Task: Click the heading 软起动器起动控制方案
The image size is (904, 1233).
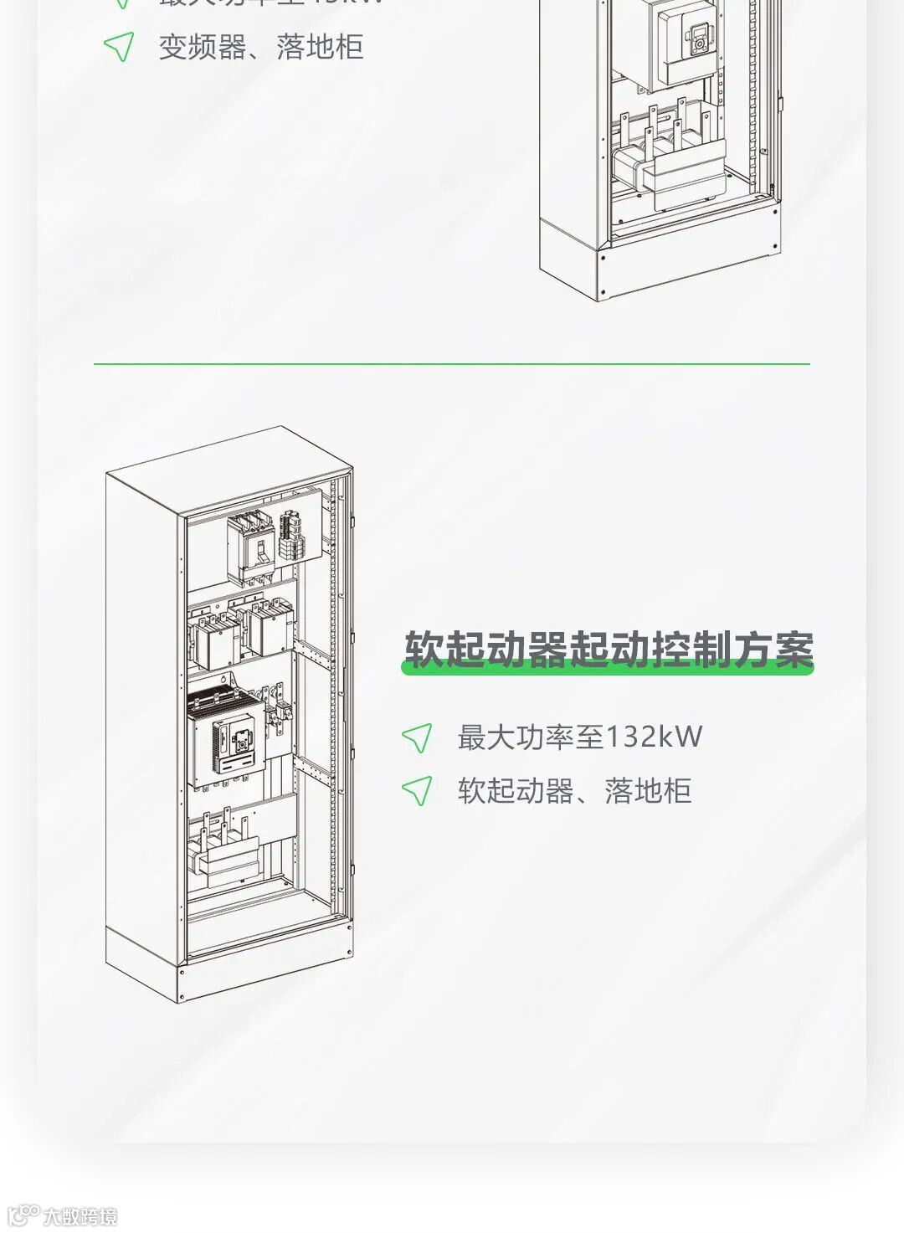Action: pos(609,650)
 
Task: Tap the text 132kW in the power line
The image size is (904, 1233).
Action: pos(653,737)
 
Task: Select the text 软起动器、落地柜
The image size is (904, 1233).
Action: pos(574,790)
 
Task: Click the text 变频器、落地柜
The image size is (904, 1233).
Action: pos(261,47)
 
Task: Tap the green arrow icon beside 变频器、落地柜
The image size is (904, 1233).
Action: pos(119,47)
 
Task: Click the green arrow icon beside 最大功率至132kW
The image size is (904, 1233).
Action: pos(417,737)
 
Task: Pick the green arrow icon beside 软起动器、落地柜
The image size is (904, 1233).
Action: pos(417,790)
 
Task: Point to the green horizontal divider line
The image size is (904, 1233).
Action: pos(452,364)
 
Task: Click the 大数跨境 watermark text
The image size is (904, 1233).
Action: pos(80,1216)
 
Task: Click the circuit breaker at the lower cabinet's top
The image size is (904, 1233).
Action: pos(250,548)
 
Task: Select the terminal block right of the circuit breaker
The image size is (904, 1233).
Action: pos(290,536)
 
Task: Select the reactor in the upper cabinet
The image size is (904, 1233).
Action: pos(670,172)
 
